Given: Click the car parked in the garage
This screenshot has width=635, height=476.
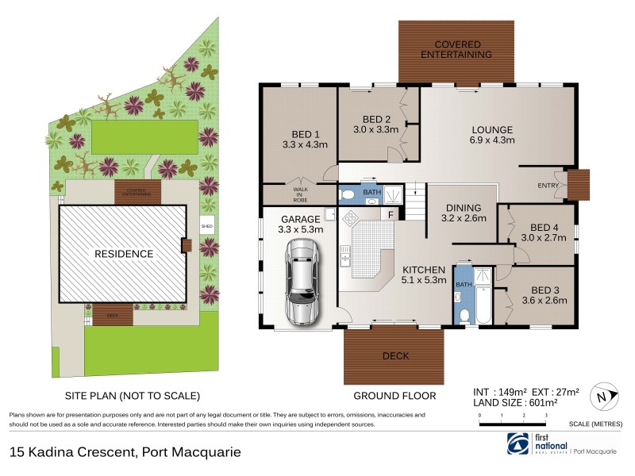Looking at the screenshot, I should pyautogui.click(x=302, y=282).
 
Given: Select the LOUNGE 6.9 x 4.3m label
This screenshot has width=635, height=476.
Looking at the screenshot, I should pyautogui.click(x=492, y=135).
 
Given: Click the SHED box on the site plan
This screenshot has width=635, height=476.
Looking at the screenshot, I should pyautogui.click(x=207, y=226).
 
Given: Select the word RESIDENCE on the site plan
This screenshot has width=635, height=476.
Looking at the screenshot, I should pyautogui.click(x=124, y=254).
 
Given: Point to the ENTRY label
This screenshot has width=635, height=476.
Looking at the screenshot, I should pyautogui.click(x=548, y=186).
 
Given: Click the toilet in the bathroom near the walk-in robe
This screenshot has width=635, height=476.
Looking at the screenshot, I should pyautogui.click(x=347, y=194).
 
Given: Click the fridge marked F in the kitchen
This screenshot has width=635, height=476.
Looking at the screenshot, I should pyautogui.click(x=391, y=213).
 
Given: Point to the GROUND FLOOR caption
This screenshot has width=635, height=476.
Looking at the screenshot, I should pyautogui.click(x=394, y=395).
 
